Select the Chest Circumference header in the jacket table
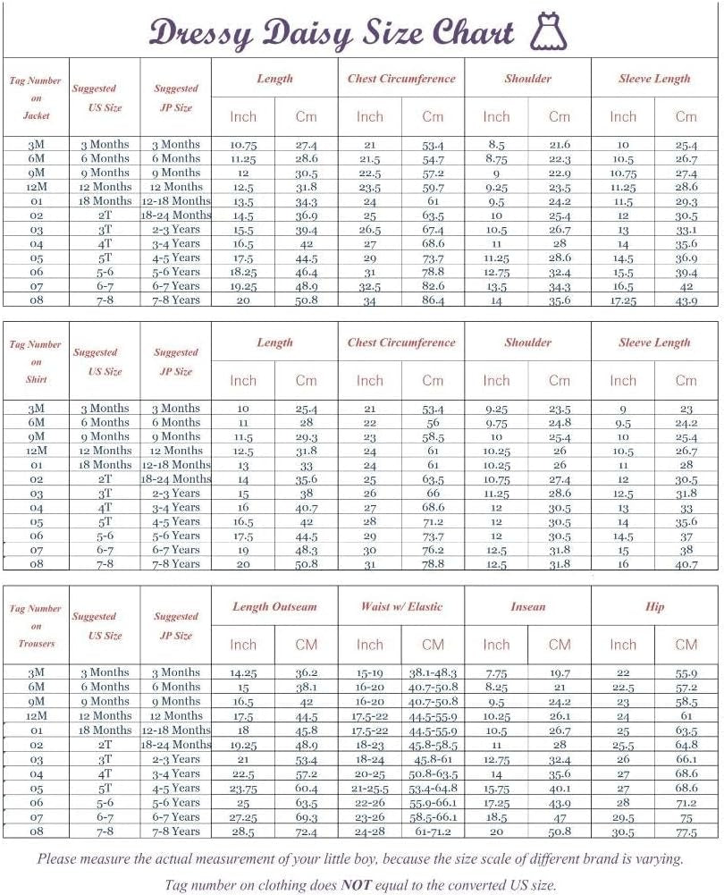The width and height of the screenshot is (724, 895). point(401,79)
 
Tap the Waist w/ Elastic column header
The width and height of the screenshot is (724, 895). point(401,606)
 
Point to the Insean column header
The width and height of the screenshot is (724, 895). point(527,606)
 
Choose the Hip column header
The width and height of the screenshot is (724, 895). point(654,606)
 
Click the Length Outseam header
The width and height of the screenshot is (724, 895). point(274,606)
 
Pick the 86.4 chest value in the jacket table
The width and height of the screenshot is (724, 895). point(433,300)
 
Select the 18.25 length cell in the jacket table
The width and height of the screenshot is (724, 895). point(242,272)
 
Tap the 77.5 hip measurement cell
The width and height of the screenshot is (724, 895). point(686,832)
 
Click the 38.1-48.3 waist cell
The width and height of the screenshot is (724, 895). point(433,673)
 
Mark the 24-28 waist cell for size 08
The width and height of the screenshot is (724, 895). point(369,832)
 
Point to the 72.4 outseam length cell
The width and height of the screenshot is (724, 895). point(306,832)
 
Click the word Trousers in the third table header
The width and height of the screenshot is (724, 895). point(36,644)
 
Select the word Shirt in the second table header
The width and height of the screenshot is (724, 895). point(36,380)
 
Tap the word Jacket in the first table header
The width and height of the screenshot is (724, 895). point(36,115)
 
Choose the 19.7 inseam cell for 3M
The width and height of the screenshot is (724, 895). point(560,673)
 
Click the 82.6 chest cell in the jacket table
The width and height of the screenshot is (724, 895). point(433,286)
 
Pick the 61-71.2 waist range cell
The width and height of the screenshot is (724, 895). point(433,832)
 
